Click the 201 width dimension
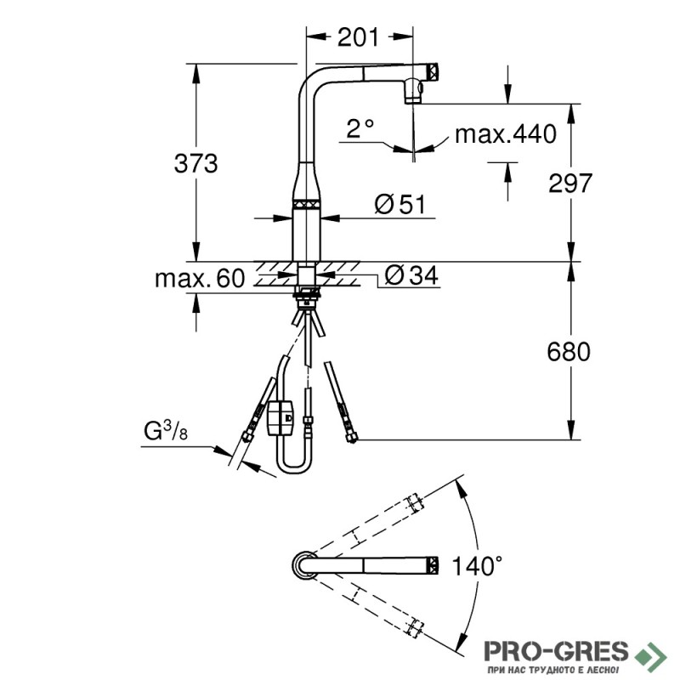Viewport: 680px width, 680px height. point(358,37)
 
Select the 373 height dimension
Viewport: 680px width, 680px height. point(195,164)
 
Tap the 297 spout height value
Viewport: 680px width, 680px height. point(570,183)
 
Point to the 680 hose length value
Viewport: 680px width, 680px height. point(569,351)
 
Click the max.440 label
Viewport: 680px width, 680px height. point(506,134)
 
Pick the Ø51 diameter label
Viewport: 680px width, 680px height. point(400,204)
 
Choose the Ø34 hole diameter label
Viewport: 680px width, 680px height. point(411,275)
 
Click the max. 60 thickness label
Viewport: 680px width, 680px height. point(200,278)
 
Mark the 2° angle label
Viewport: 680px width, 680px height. point(360,128)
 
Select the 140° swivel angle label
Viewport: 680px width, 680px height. point(477,565)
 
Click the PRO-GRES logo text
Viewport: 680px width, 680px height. point(556,651)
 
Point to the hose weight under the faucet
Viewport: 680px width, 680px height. point(281,417)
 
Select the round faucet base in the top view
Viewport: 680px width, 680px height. point(304,565)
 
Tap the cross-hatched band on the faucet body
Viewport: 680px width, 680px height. point(306,204)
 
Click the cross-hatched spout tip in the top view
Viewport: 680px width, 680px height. point(433,565)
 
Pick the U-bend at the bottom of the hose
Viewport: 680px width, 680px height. point(294,462)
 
